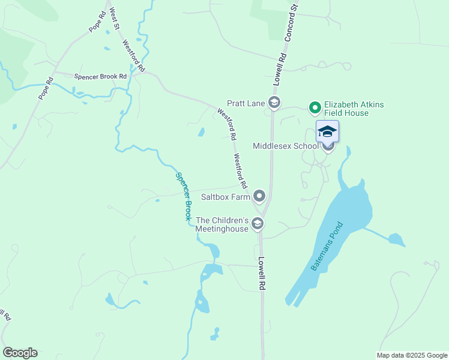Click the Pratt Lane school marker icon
274,103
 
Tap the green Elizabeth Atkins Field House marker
314,108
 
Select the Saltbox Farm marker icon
259,196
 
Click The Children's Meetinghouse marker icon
258,224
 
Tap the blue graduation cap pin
327,131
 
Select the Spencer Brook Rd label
100,76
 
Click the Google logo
20,353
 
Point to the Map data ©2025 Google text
412,355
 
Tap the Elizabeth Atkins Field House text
354,109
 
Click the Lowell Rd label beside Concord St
280,67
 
